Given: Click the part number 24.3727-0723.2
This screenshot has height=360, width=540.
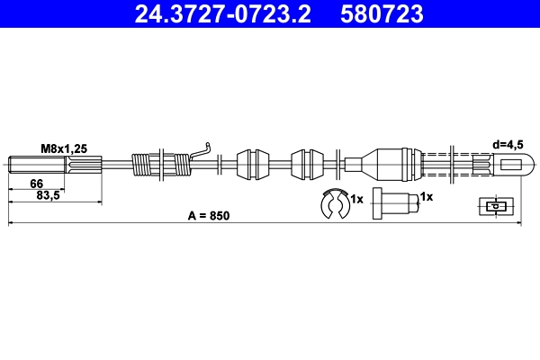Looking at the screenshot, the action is [x=222, y=14].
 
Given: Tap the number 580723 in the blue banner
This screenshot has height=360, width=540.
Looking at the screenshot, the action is [x=382, y=14].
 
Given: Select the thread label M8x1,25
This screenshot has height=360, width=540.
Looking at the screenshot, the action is [x=64, y=148].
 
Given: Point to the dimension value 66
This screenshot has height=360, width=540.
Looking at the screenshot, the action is [x=37, y=184].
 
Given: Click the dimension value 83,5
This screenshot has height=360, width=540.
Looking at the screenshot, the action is [x=49, y=195].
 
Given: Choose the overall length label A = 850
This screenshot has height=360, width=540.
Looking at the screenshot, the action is [x=209, y=216].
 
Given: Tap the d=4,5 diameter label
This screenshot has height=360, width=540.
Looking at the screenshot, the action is [x=508, y=145].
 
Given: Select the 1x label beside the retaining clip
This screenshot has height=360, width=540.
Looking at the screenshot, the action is [x=356, y=199].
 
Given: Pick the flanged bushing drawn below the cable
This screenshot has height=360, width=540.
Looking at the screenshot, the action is [x=395, y=203].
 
